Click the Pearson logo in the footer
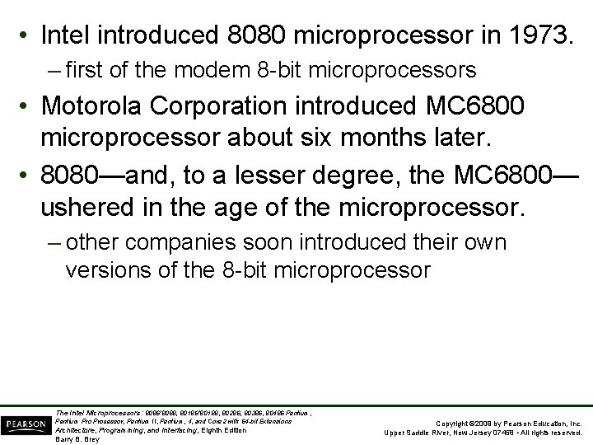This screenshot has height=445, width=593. [25, 424]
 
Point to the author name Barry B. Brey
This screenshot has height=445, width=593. [76, 439]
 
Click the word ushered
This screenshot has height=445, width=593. [88, 205]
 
